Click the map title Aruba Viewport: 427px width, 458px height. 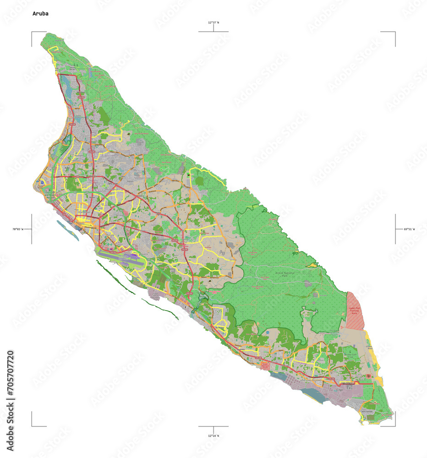[x=40, y=14]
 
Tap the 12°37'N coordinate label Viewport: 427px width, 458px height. [x=213, y=22]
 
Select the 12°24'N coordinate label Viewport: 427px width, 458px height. [x=213, y=436]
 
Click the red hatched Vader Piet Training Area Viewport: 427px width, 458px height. [x=355, y=311]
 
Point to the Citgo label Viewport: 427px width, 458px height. [x=339, y=390]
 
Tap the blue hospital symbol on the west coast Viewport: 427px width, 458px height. [x=42, y=182]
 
